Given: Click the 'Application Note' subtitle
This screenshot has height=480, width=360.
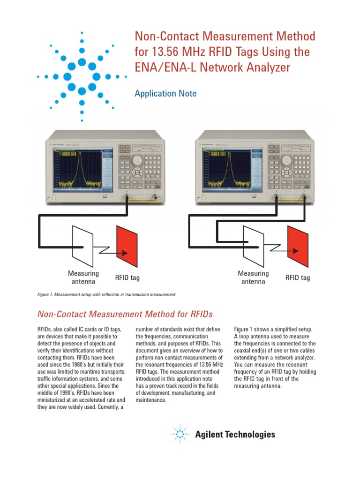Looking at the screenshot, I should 165,94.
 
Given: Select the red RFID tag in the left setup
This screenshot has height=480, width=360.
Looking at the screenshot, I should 127,246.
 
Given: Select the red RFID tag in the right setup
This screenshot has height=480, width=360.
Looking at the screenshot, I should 298,246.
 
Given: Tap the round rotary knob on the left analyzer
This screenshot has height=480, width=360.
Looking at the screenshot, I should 137,160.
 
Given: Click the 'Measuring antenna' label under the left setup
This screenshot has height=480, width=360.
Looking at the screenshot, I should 83,277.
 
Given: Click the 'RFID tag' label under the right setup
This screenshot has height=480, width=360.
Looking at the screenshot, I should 298,278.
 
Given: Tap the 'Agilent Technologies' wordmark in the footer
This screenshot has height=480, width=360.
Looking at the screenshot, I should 235,435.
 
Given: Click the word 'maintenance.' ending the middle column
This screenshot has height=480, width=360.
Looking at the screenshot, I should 152,400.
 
